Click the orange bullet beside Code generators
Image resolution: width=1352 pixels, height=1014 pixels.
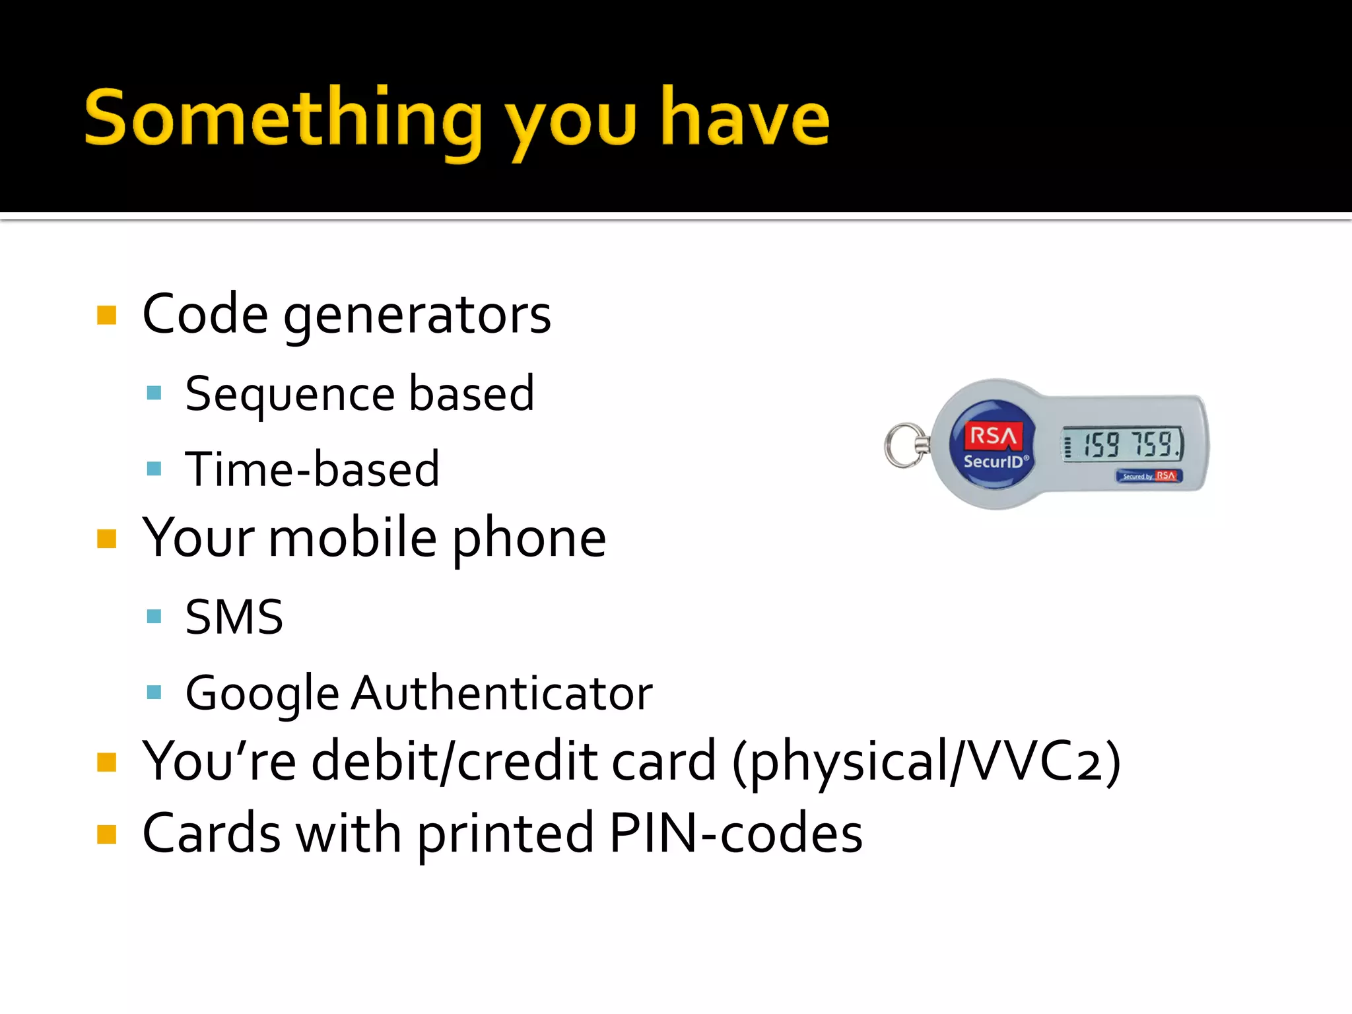[x=106, y=315]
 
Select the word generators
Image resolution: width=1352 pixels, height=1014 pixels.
[x=417, y=316]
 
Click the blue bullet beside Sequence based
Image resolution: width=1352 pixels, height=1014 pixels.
[x=154, y=394]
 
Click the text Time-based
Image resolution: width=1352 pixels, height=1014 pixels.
[x=312, y=469]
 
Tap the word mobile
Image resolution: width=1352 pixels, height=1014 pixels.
[x=353, y=538]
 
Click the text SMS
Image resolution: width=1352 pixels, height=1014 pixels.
[x=234, y=617]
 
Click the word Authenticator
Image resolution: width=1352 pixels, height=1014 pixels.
[x=502, y=693]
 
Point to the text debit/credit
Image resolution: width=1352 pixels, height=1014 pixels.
[x=514, y=761]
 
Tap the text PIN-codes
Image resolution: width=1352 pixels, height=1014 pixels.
[x=735, y=833]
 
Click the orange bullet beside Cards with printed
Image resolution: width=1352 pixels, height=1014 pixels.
[x=106, y=834]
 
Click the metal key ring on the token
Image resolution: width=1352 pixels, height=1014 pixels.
[x=905, y=446]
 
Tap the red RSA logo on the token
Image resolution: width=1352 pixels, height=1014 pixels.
[x=992, y=435]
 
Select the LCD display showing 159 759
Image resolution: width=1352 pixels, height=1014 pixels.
[x=1122, y=444]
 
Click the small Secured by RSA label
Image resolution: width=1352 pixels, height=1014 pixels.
[x=1149, y=476]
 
